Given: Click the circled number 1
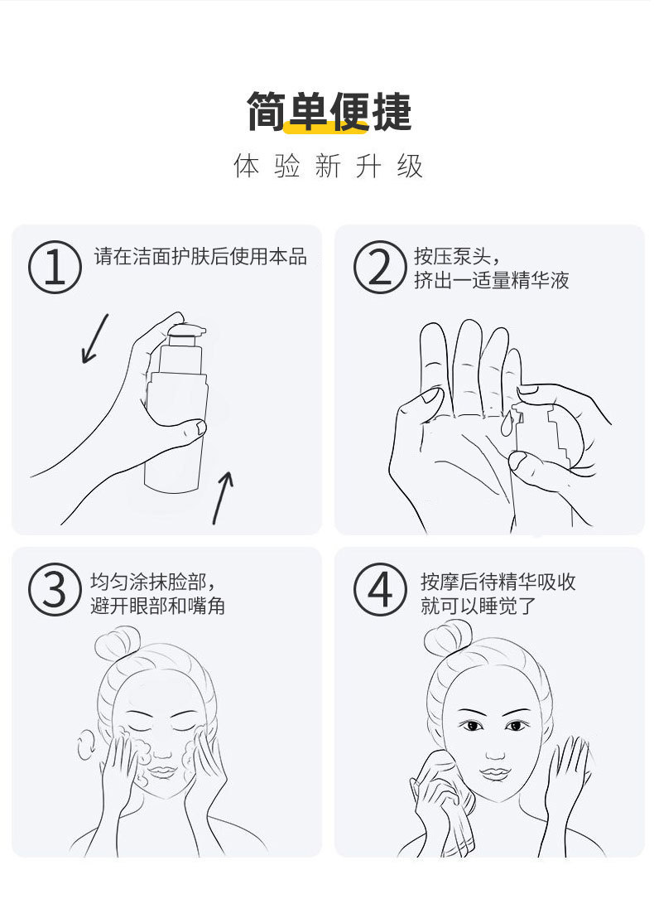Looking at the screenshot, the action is click(x=55, y=267).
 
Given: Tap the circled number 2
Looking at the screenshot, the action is click(x=380, y=267).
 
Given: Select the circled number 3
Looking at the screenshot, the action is click(x=55, y=589).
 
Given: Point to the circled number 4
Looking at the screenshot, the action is click(x=380, y=589).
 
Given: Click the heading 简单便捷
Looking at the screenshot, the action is click(x=329, y=111).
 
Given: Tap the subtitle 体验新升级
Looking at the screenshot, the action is click(x=328, y=167).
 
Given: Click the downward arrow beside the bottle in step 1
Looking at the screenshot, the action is click(x=94, y=338).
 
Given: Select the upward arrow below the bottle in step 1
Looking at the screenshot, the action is click(x=223, y=498).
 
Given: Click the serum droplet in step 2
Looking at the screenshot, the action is click(x=507, y=424).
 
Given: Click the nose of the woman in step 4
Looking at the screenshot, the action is click(x=496, y=748).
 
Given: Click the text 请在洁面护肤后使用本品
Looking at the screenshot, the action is click(x=200, y=256).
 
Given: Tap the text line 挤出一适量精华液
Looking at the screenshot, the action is click(x=492, y=280).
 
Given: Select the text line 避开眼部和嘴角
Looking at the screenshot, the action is click(x=157, y=606).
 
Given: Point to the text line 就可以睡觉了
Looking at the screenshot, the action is click(x=478, y=606).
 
